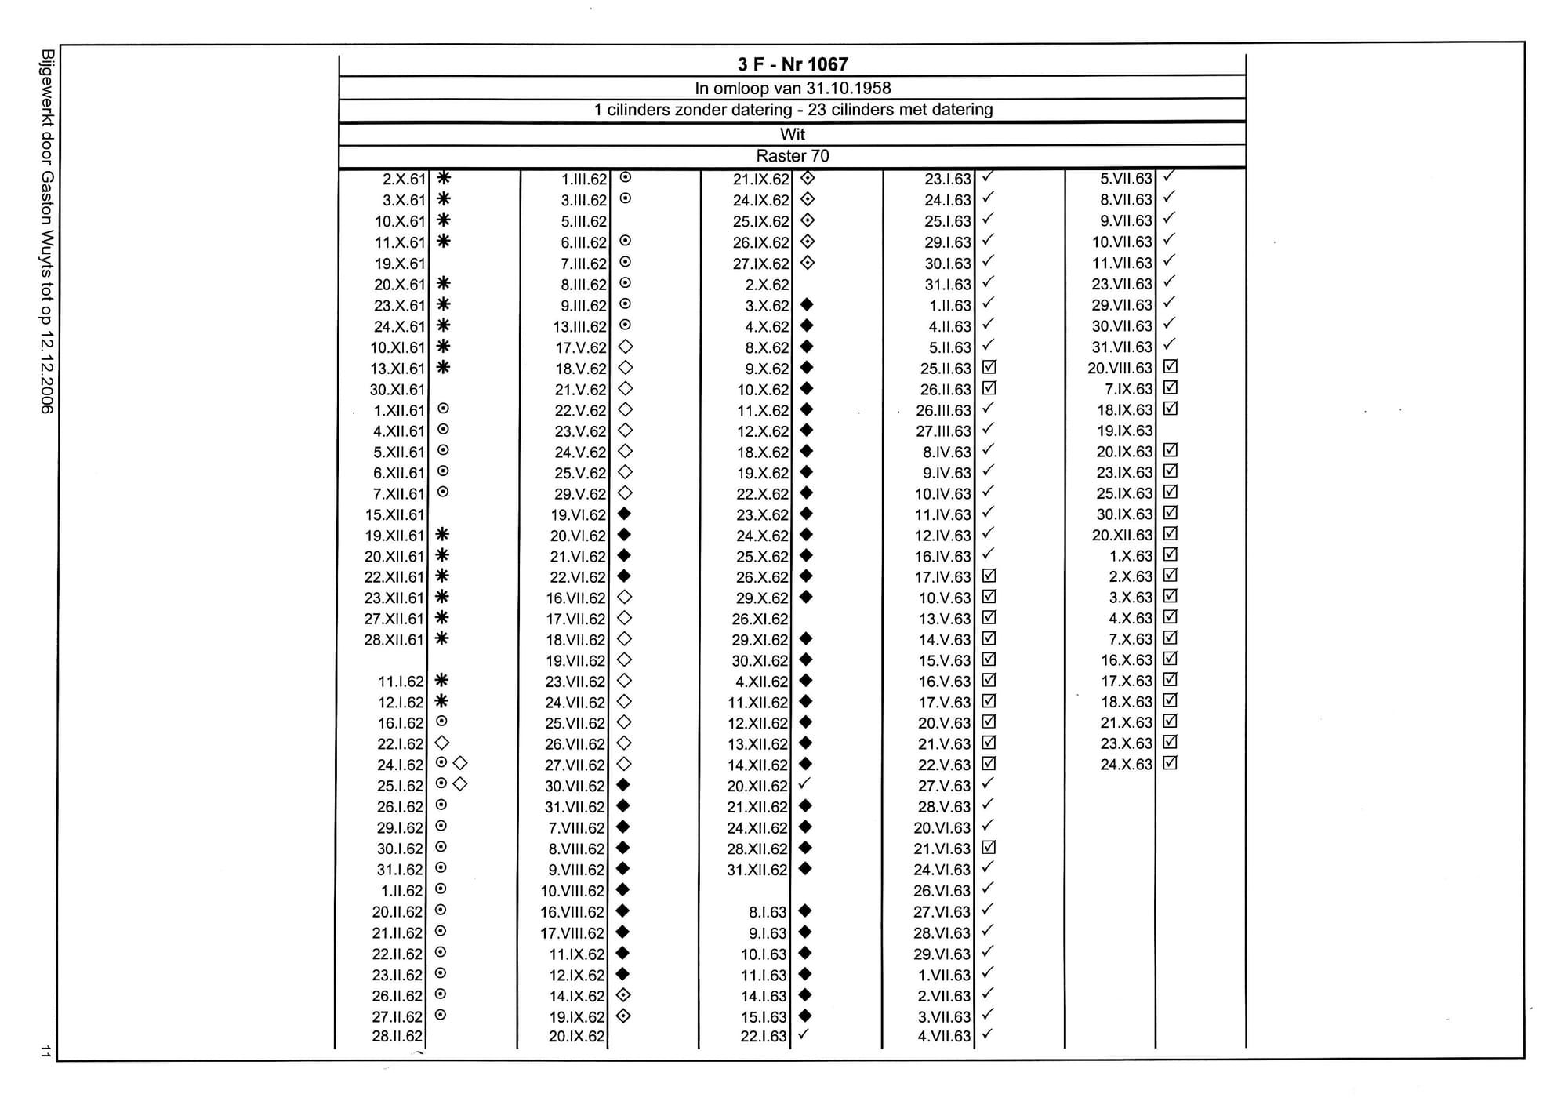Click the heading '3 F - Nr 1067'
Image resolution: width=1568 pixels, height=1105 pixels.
tap(792, 64)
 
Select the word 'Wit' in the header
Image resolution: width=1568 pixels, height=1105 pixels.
tap(792, 134)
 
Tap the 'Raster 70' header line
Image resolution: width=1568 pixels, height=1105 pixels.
tap(792, 156)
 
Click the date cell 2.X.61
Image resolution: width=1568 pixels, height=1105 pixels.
tap(404, 180)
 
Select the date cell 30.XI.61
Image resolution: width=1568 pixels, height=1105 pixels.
tap(397, 390)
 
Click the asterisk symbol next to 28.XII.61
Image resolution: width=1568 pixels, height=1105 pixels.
tap(442, 638)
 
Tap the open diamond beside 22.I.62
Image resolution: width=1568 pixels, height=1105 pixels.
tap(442, 743)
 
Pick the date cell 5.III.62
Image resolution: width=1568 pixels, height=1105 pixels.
tap(583, 222)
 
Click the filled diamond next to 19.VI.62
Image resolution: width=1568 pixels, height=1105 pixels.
tap(625, 514)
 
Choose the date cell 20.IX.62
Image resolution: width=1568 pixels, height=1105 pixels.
tap(577, 1037)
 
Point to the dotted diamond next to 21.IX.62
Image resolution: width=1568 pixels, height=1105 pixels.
tap(807, 179)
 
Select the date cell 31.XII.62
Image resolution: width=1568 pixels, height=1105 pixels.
tap(757, 870)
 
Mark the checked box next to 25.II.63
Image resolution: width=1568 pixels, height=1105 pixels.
tap(989, 367)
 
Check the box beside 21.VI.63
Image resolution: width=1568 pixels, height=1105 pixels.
tap(989, 848)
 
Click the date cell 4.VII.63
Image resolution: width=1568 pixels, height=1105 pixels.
tap(944, 1037)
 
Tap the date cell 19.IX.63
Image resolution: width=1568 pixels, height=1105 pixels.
tap(1124, 431)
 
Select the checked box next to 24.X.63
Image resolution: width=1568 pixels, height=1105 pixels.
tap(1171, 763)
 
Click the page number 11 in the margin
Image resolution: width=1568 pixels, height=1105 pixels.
tap(45, 1051)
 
